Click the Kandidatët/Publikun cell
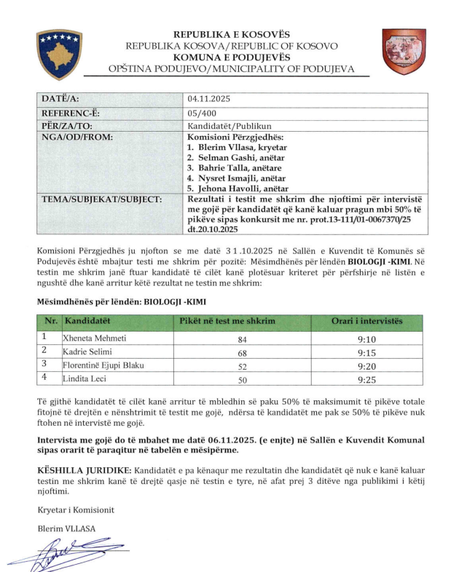[x=219, y=125]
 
